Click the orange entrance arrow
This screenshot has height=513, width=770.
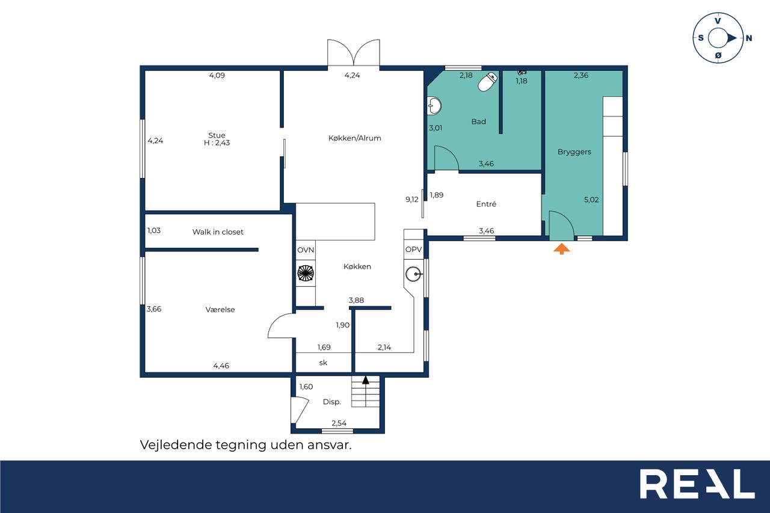561,248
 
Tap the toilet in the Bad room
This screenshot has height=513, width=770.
488,82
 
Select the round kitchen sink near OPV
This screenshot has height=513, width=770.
413,274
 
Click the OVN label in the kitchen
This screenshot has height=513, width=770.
306,250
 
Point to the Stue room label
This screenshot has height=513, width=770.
217,135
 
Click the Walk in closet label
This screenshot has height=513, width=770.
218,232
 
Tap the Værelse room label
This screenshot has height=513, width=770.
220,309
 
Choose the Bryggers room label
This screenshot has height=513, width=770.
574,152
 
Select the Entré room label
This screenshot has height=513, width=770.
486,204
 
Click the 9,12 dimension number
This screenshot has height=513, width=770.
412,199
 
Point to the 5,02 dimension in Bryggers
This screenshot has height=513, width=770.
591,199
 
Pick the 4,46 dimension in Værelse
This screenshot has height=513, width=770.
221,366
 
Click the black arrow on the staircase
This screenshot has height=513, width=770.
365,379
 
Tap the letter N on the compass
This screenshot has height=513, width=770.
749,38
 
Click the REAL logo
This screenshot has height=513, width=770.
697,484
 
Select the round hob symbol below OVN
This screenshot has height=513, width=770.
305,274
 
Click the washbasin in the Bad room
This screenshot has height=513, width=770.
434,106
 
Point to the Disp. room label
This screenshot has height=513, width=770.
331,402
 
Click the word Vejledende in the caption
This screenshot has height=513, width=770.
176,445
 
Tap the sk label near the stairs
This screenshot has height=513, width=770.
323,363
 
